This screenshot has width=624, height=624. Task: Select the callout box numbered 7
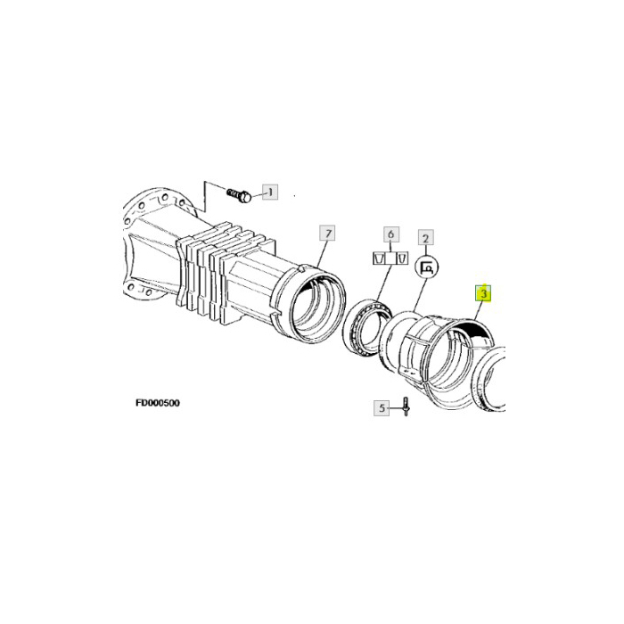pos(328,234)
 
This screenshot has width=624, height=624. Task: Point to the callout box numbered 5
pos(382,408)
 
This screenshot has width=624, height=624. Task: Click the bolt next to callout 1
pos(238,193)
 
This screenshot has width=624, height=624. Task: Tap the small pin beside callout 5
pos(404,407)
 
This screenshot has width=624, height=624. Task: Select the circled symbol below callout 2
pos(426,265)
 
